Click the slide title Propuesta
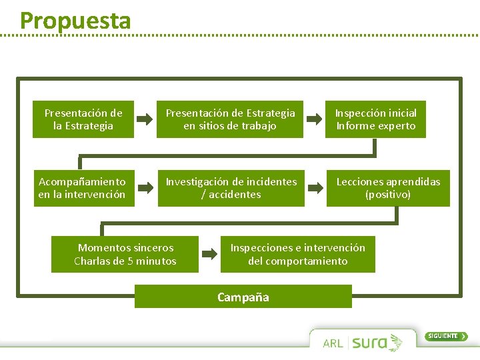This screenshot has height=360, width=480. click(75, 20)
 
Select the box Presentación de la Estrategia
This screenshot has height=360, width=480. click(83, 119)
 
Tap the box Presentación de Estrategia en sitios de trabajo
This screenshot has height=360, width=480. click(230, 119)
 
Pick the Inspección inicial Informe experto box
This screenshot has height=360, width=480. click(375, 119)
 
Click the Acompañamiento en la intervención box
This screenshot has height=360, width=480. click(82, 188)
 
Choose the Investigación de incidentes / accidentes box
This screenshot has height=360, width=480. click(231, 188)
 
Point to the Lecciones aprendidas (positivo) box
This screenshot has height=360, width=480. click(388, 188)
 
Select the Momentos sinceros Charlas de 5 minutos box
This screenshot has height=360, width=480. click(125, 254)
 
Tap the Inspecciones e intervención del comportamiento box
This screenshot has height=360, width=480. click(298, 254)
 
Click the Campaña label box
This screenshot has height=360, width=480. click(243, 297)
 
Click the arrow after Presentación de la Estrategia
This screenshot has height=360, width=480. click(145, 119)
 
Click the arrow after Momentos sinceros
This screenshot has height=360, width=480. click(209, 254)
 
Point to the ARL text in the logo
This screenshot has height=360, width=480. click(333, 343)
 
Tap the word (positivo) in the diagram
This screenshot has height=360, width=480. click(388, 195)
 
